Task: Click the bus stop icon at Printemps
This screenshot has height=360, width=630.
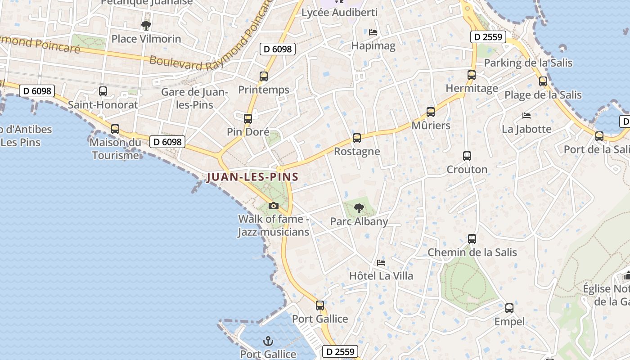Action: pos(264,76)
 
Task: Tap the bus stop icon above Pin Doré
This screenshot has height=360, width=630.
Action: pos(248,119)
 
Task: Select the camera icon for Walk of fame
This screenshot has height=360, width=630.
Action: pos(273,206)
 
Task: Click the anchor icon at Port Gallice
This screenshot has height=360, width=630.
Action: pos(268,341)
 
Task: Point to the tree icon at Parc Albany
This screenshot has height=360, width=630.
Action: pos(359,208)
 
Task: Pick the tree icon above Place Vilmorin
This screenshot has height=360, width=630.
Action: pos(146,26)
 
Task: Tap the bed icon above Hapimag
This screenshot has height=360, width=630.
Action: pos(373,32)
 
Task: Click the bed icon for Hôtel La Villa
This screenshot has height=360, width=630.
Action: pos(381,262)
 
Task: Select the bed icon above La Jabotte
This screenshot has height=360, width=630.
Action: pos(526,116)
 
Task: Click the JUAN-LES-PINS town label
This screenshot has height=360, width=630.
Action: pos(252,177)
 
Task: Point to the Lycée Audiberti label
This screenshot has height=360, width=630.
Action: pos(339,13)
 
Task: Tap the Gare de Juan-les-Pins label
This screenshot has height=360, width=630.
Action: pos(195,99)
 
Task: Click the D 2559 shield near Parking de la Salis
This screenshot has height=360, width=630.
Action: pos(488,37)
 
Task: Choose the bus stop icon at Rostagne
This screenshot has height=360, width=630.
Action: pos(357,138)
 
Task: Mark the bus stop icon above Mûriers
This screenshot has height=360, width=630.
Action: pos(431,112)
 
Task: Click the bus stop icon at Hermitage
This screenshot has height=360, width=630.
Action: pos(472,75)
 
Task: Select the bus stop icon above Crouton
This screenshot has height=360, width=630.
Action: pos(467,156)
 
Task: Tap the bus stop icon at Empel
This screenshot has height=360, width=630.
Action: pos(509,308)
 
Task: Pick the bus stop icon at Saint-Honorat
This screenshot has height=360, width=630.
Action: pos(103,91)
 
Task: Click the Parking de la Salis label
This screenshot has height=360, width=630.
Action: pos(528,63)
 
